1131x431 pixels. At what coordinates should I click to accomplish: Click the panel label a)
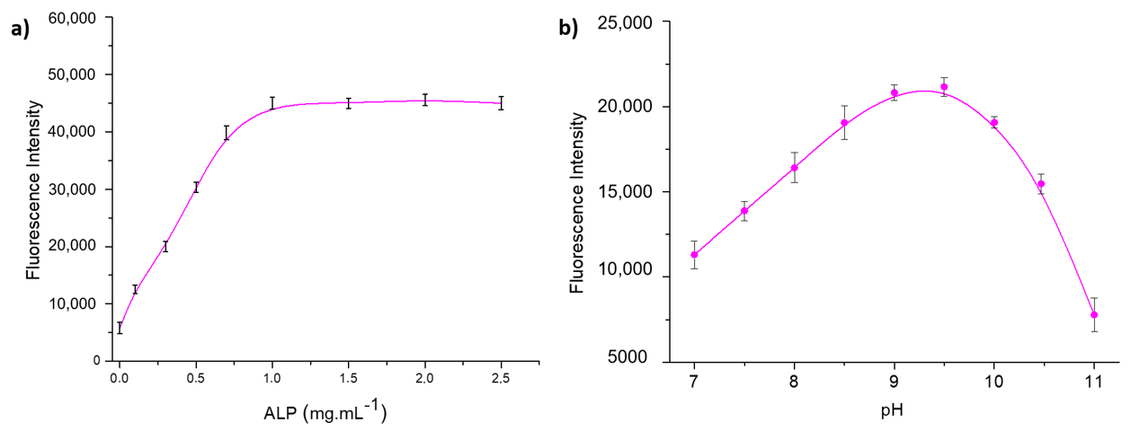20,29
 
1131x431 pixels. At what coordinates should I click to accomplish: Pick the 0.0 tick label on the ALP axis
119,379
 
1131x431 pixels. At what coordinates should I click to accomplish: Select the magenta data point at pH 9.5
944,87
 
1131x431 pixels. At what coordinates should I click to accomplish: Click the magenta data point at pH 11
1094,315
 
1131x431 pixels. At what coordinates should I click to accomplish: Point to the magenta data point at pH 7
694,254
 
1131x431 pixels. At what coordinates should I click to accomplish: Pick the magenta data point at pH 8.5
844,123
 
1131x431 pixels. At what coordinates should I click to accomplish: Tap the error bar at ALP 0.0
119,328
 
